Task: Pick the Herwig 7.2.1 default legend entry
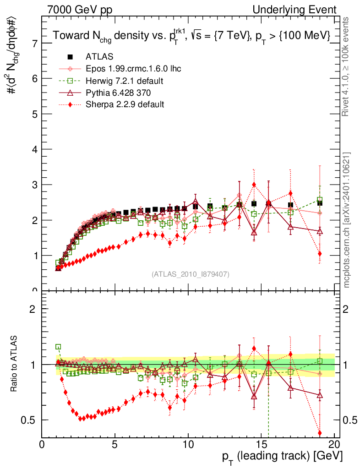(x=125, y=81)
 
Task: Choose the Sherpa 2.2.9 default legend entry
(x=125, y=104)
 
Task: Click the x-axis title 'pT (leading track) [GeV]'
(x=282, y=456)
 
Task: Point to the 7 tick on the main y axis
(x=35, y=43)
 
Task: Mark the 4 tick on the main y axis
(x=35, y=149)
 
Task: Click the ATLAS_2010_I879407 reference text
(x=191, y=274)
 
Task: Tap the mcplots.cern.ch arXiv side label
(x=347, y=220)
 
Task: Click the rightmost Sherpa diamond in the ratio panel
(x=320, y=433)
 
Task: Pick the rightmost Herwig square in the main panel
(x=320, y=200)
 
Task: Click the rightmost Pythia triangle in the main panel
(x=320, y=231)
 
